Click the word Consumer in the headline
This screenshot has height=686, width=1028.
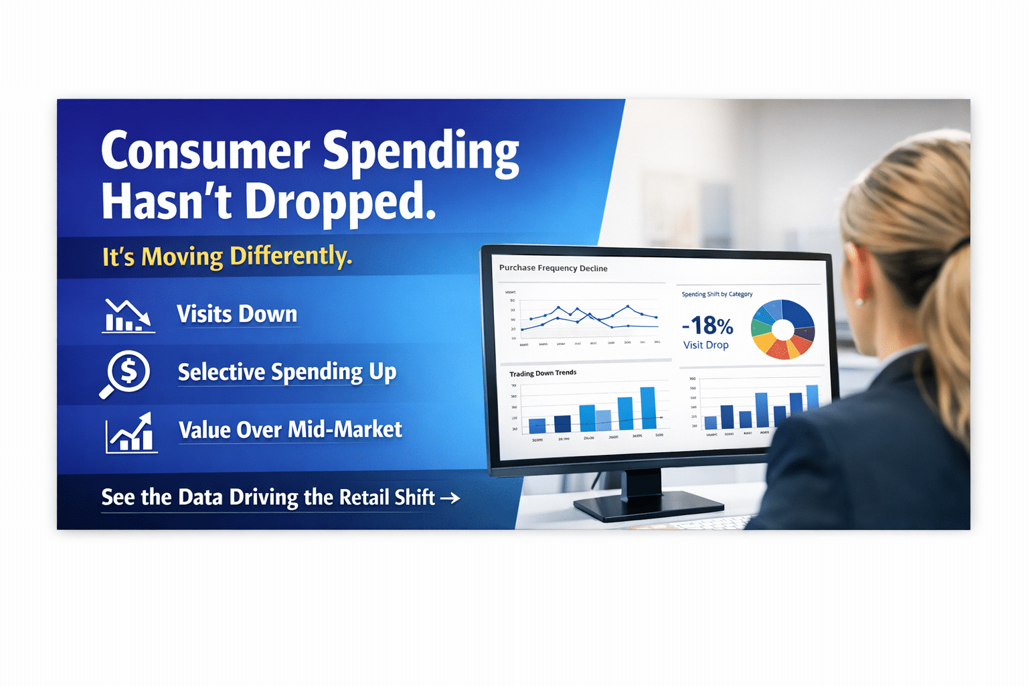click(x=205, y=151)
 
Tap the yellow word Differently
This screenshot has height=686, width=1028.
click(x=290, y=256)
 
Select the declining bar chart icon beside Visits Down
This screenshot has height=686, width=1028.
click(x=127, y=316)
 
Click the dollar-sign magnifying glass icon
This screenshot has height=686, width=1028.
click(x=126, y=373)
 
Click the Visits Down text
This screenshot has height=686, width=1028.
click(x=237, y=314)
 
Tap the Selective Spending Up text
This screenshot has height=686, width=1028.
click(x=286, y=372)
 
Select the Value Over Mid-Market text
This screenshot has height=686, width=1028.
click(x=290, y=429)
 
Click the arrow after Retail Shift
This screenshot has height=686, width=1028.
click(x=450, y=498)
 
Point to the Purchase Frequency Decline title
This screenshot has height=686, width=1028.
click(x=553, y=268)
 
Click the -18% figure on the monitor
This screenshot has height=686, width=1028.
click(x=707, y=326)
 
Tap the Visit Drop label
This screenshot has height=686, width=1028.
click(x=705, y=345)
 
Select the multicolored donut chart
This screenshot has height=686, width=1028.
click(x=782, y=329)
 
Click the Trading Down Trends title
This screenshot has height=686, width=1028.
click(x=542, y=373)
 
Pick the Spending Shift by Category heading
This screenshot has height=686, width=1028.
click(x=717, y=294)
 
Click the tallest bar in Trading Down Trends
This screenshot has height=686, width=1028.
click(x=647, y=408)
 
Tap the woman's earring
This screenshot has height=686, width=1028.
click(x=859, y=302)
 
